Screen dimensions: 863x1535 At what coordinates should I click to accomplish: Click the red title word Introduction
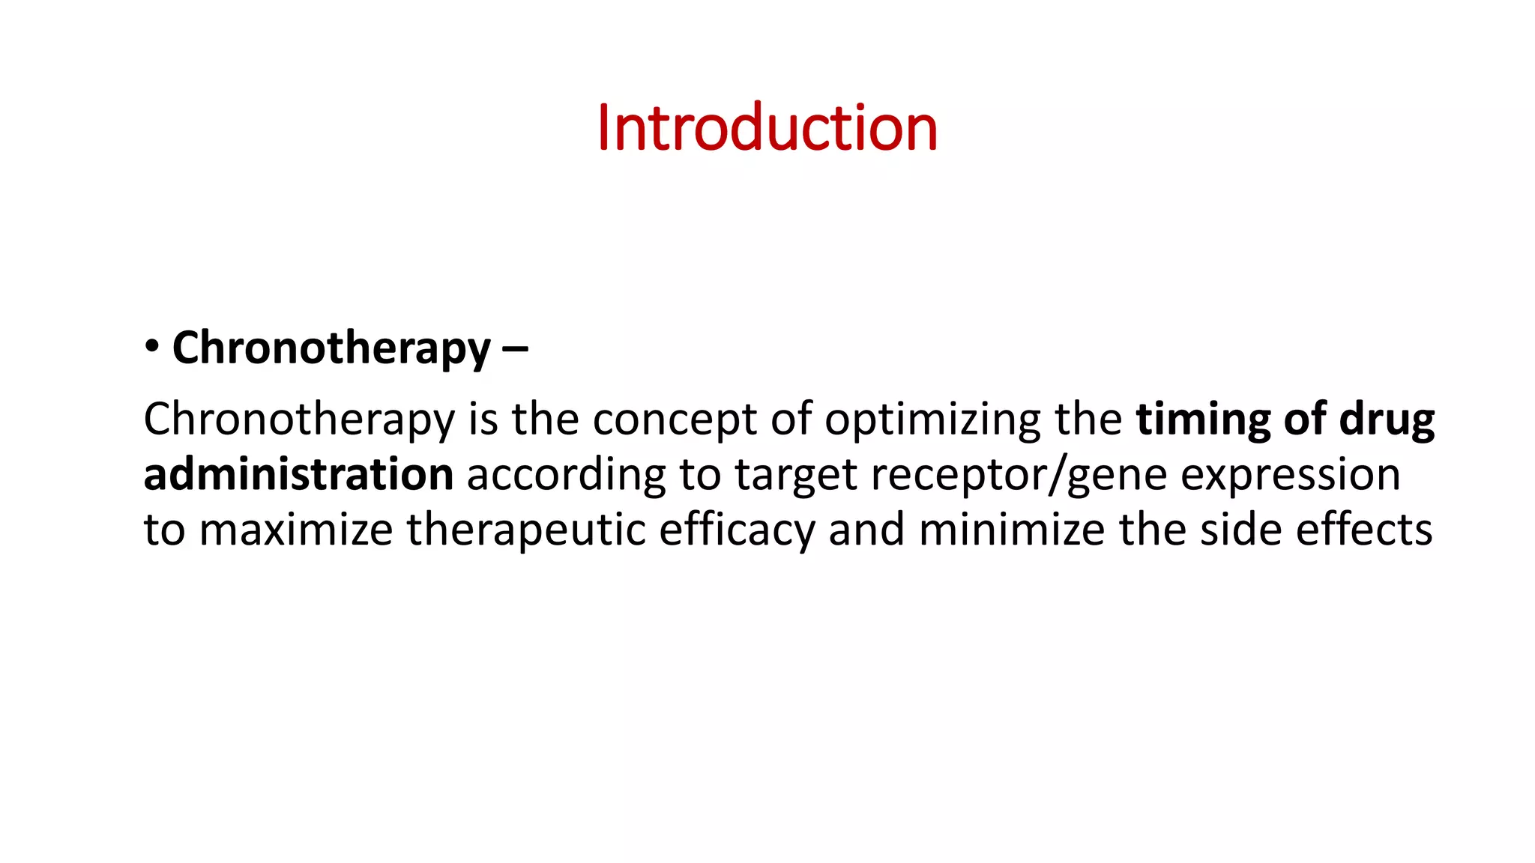pos(767,128)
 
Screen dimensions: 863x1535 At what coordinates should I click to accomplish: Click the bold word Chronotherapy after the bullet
pos(331,349)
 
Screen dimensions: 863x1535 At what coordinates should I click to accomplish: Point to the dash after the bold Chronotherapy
pos(513,349)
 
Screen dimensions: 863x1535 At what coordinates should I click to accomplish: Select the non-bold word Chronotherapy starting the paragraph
pos(299,420)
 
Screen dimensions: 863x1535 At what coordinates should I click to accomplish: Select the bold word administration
pos(298,475)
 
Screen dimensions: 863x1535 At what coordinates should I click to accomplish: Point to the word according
pos(566,475)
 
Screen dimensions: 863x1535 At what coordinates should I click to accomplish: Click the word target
pos(795,475)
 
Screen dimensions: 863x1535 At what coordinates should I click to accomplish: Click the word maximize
pos(296,530)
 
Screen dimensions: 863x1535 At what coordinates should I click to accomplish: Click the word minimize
pos(1011,530)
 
